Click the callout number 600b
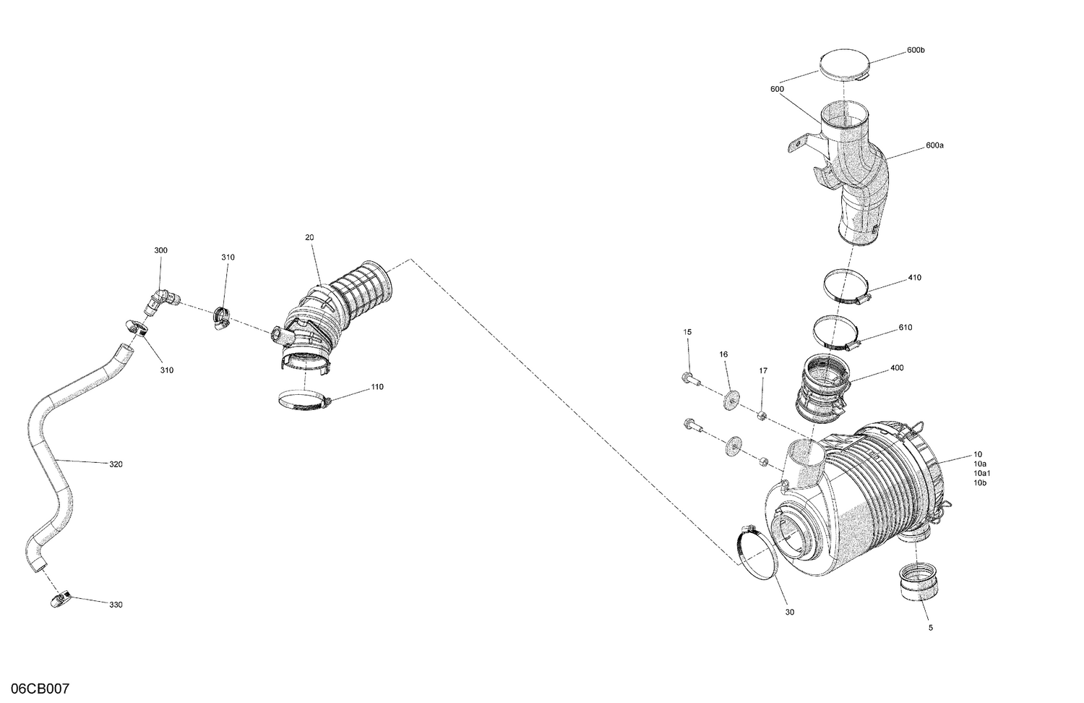click(916, 50)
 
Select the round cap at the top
click(844, 66)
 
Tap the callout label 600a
click(934, 145)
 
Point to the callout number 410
click(914, 278)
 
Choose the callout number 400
click(897, 368)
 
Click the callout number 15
click(687, 331)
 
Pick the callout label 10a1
click(982, 473)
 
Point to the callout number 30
click(789, 612)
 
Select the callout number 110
click(377, 387)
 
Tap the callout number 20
click(309, 237)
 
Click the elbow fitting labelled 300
click(162, 299)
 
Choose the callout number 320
click(116, 464)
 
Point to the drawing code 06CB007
click(35, 689)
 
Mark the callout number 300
click(160, 250)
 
